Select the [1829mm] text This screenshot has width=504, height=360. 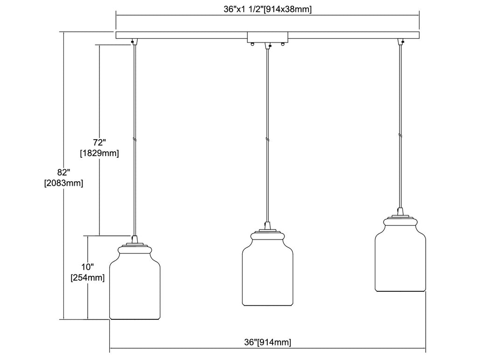pos(99,153)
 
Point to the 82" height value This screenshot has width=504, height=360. pos(63,171)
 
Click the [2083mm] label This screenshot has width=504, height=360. pos(63,184)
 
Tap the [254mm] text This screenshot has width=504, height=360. pos(87,278)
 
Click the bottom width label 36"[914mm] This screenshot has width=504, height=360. pos(268,342)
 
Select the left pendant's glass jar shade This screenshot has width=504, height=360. pos(134,287)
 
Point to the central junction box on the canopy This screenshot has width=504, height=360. pos(267,37)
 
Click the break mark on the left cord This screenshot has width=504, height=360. pos(134,140)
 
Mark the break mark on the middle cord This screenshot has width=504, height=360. pos(267,139)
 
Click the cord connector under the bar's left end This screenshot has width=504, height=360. pos(134,42)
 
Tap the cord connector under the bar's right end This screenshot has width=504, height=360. pos(400,42)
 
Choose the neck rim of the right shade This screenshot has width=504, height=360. pos(400,221)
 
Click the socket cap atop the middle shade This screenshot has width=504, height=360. pos(267,226)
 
